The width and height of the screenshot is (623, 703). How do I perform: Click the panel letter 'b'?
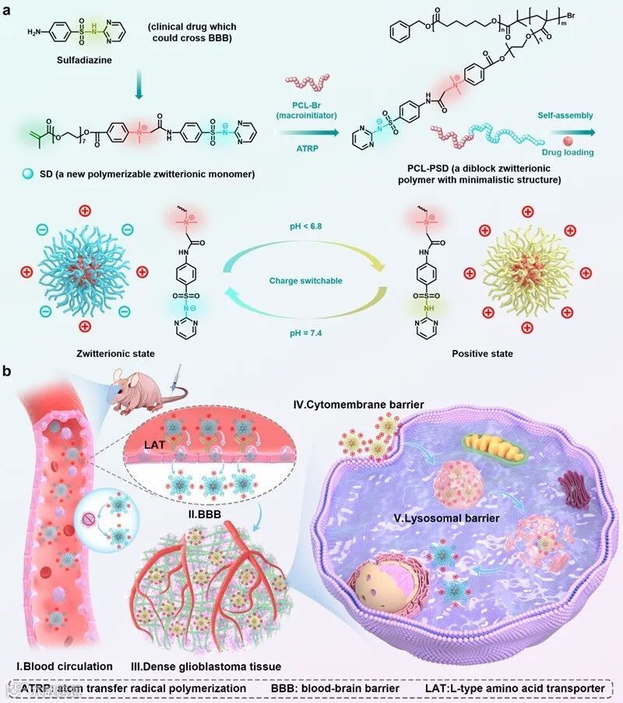point(9,373)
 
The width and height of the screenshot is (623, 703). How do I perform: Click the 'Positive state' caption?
point(482,354)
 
